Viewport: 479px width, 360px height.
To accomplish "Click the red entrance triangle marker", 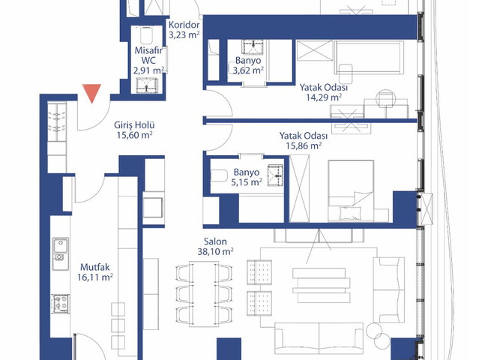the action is [x=92, y=93].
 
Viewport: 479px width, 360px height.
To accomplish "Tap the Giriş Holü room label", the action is [x=134, y=125].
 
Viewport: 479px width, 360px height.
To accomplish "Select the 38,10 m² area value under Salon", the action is [x=215, y=252].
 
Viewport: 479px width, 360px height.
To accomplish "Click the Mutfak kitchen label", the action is [x=94, y=267].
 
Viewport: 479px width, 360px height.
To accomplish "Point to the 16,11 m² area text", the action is [x=95, y=277].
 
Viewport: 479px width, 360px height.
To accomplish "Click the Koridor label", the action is [x=184, y=25].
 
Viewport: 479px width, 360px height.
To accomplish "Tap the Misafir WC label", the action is [x=148, y=55].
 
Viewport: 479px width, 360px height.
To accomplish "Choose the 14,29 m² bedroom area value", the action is [x=324, y=97].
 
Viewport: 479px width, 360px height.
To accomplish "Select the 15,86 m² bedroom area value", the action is [x=304, y=145].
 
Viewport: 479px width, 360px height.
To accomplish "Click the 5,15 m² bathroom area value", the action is [x=247, y=182].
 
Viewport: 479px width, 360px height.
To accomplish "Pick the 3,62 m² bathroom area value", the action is [x=248, y=70].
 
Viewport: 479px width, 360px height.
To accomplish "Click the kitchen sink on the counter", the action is [x=61, y=250].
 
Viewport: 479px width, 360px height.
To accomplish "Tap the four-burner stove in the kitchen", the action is [x=61, y=304].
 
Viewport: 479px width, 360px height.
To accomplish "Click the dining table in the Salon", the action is [x=204, y=294].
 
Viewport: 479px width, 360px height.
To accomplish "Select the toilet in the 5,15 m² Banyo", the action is [x=219, y=176].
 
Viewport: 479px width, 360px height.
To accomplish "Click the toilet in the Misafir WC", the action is [x=147, y=35].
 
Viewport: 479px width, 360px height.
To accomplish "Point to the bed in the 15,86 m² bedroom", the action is [x=351, y=190].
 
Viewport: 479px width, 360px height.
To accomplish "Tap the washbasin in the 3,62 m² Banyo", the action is [x=253, y=46].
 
